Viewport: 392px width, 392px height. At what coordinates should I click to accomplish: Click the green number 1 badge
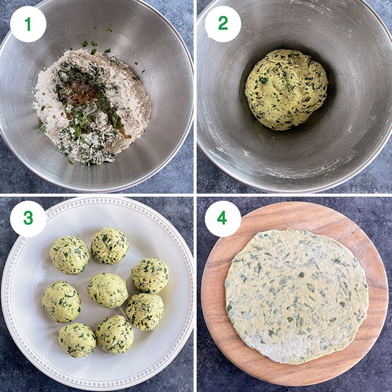coord(28,24)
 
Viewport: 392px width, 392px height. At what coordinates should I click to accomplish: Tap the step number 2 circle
coord(223,24)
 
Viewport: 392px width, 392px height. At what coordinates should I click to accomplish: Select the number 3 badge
coord(28,219)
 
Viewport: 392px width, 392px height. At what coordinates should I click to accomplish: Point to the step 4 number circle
coord(223,219)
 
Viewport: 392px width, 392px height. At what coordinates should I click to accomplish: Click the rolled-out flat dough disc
coord(295,295)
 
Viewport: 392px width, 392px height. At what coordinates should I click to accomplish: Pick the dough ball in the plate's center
coord(108,290)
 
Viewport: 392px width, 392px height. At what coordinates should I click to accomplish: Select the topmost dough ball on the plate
coord(109,245)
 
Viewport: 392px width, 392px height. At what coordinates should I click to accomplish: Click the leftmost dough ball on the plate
coord(61,301)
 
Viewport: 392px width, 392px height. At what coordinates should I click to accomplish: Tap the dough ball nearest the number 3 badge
coord(69,255)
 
